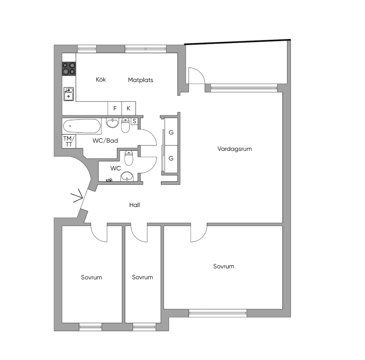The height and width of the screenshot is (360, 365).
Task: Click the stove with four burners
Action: [x=69, y=69]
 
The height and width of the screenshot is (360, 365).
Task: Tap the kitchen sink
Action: [x=69, y=94]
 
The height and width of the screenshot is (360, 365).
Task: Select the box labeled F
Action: [x=115, y=108]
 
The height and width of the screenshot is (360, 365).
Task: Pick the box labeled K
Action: [x=128, y=108]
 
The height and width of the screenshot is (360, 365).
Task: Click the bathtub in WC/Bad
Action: [x=82, y=126]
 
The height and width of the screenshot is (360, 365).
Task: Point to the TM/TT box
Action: [x=69, y=141]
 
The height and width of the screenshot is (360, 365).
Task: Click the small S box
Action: [x=134, y=121]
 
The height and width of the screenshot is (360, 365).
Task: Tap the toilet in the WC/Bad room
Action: [x=125, y=125]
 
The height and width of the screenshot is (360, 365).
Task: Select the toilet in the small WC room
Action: [x=129, y=158]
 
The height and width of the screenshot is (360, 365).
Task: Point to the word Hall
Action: [x=134, y=205]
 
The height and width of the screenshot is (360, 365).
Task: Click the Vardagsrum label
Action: [x=235, y=149]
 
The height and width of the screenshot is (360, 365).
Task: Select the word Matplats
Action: [x=140, y=80]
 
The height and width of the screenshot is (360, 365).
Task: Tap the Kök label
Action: [x=101, y=79]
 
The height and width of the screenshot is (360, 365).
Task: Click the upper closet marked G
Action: [x=171, y=132]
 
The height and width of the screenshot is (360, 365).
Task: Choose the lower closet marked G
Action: [x=171, y=159]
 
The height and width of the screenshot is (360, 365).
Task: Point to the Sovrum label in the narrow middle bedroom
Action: [x=143, y=277]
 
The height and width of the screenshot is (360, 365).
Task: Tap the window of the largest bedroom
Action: [x=218, y=313]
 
